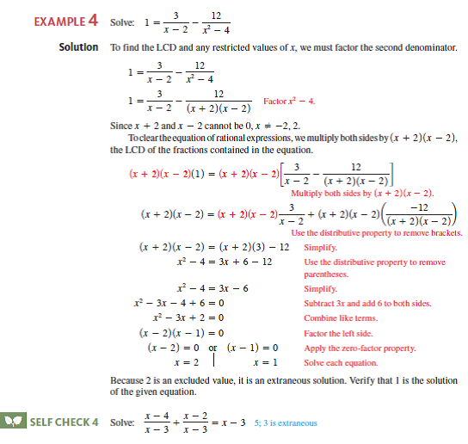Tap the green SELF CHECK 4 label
pyautogui.click(x=64, y=422)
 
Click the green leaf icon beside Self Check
pyautogui.click(x=15, y=422)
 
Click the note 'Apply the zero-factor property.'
pyautogui.click(x=360, y=348)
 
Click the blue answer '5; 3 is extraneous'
pyautogui.click(x=286, y=422)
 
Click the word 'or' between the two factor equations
pyautogui.click(x=214, y=348)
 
